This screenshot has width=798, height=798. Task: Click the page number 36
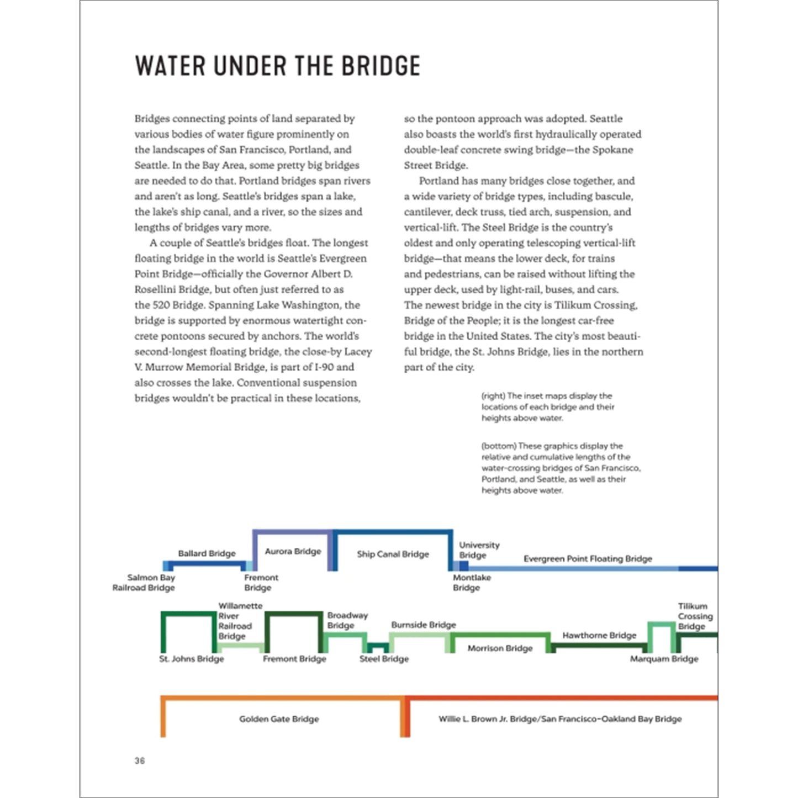point(140,760)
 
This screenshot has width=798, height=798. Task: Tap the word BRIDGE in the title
point(380,66)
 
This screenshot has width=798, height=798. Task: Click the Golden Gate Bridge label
point(279,719)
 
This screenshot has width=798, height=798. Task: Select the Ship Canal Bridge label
point(393,554)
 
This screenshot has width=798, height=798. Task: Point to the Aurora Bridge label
point(293,551)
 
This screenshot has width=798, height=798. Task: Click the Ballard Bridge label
point(207,553)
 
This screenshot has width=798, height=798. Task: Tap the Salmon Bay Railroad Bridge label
point(144,583)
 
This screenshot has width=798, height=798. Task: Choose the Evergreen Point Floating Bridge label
point(588,558)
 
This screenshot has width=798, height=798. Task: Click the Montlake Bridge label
point(471,583)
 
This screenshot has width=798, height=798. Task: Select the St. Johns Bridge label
point(192,659)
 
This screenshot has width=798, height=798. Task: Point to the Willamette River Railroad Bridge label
point(239,621)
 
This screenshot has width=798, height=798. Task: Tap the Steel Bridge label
point(384,659)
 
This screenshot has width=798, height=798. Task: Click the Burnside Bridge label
point(424,625)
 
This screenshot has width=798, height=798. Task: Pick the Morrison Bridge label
point(500,648)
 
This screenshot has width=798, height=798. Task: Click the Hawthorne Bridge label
point(599,635)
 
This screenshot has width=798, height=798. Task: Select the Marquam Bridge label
point(664,659)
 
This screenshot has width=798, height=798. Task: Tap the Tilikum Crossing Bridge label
point(695,616)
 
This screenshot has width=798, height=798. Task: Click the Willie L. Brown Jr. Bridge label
point(560,719)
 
